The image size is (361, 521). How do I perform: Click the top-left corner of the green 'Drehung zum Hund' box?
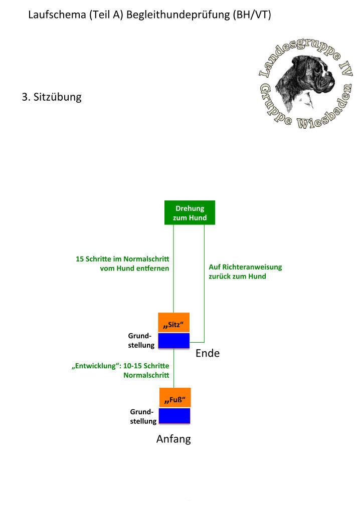164,201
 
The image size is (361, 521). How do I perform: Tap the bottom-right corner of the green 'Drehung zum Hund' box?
215,224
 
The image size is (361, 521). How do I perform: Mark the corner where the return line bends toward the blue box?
204,342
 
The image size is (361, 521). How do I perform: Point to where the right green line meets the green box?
204,224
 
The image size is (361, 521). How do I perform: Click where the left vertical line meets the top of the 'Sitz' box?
173,313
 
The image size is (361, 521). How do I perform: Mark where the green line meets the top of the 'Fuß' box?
174,388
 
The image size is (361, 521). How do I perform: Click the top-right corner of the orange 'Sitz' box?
190,313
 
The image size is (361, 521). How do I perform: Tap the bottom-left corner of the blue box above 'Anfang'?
159,424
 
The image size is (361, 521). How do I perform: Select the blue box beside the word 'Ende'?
174,341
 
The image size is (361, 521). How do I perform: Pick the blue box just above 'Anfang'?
174,416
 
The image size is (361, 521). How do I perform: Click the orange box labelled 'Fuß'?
175,397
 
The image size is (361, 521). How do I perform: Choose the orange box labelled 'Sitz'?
174,322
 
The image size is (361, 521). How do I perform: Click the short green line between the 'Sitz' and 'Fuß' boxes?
174,368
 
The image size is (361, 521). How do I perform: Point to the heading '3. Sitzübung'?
52,97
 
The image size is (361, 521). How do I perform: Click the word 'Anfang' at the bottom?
173,439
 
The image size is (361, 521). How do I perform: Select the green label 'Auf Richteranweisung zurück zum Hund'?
245,272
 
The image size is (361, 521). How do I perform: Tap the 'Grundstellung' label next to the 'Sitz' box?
141,340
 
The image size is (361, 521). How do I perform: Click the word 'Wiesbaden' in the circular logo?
324,110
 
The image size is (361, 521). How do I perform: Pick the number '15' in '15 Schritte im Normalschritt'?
80,259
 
